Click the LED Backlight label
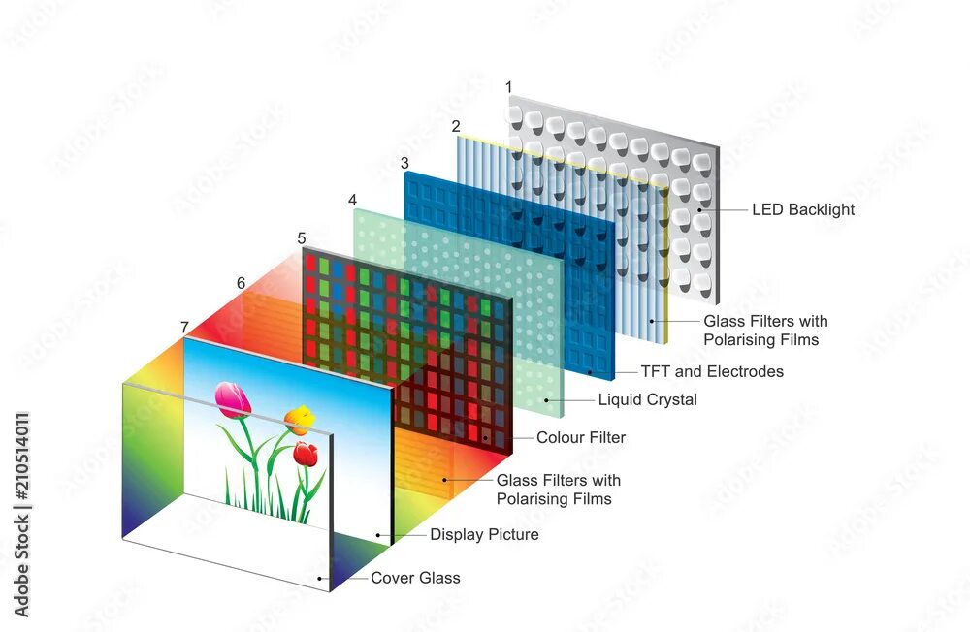click(x=803, y=209)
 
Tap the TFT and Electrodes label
click(x=712, y=371)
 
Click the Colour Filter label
click(x=581, y=437)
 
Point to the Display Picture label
click(x=484, y=534)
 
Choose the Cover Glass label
click(x=415, y=578)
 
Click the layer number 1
click(x=510, y=88)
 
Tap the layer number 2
click(x=456, y=126)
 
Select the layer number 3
click(x=404, y=162)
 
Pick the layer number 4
click(x=352, y=200)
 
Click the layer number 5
click(x=302, y=237)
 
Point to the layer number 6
click(x=241, y=283)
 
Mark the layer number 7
click(x=183, y=328)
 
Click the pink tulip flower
click(x=233, y=399)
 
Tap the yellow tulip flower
click(x=300, y=419)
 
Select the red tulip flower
click(x=307, y=453)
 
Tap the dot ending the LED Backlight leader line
click(x=695, y=209)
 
